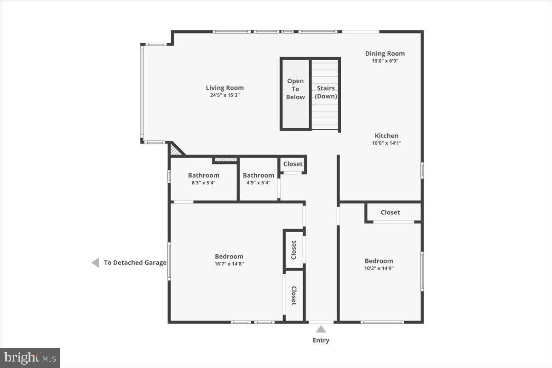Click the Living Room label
[224, 88]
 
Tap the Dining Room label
[385, 53]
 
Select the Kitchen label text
[386, 136]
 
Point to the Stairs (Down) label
[326, 92]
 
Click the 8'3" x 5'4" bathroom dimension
[203, 183]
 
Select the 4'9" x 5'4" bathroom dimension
[258, 183]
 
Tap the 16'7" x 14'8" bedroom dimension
[229, 264]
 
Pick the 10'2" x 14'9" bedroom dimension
[379, 268]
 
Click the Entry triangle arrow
[321, 329]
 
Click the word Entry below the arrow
[321, 340]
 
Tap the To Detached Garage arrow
[95, 263]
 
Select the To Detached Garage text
[135, 263]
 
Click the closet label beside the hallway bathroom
[293, 164]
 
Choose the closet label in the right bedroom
[390, 212]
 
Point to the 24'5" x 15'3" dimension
[224, 95]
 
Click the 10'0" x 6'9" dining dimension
[385, 61]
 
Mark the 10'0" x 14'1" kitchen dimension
[386, 143]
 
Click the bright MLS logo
[30, 357]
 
